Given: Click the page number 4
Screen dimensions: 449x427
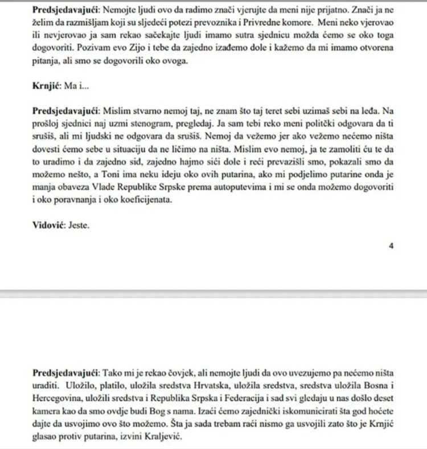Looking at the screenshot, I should [391, 246].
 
